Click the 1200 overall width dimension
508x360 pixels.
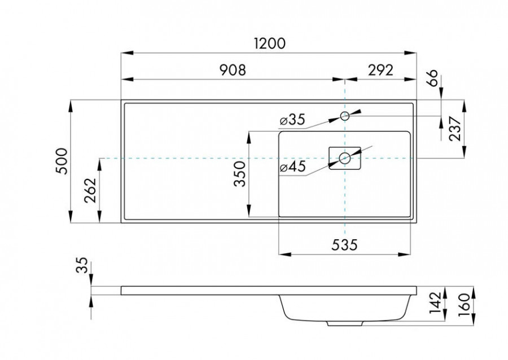270,43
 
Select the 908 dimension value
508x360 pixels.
231,70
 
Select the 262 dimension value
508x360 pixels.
90,193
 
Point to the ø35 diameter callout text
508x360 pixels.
292,120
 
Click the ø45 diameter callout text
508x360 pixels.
292,167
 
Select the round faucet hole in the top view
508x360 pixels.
344,116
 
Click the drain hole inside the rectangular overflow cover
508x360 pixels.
344,159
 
